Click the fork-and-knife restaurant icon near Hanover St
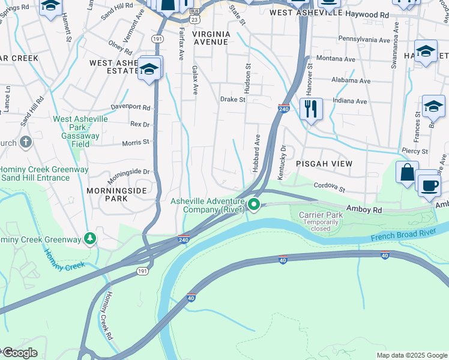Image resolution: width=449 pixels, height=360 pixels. point(311,109)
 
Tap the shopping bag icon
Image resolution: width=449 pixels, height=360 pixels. point(407,172)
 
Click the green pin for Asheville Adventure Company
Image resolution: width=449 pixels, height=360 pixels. point(254,206)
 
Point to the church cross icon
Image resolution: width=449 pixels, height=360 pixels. point(25,142)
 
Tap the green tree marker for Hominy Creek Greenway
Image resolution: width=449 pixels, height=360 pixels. point(90,239)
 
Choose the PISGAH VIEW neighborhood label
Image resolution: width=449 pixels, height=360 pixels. point(324,163)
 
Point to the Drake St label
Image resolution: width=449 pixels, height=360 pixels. point(232,100)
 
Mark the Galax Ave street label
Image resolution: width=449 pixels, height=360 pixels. point(194,80)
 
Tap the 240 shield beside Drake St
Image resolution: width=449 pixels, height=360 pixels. point(285,109)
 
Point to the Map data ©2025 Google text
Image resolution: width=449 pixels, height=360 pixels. point(411,355)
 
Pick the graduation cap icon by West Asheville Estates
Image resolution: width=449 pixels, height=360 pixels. point(149,68)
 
